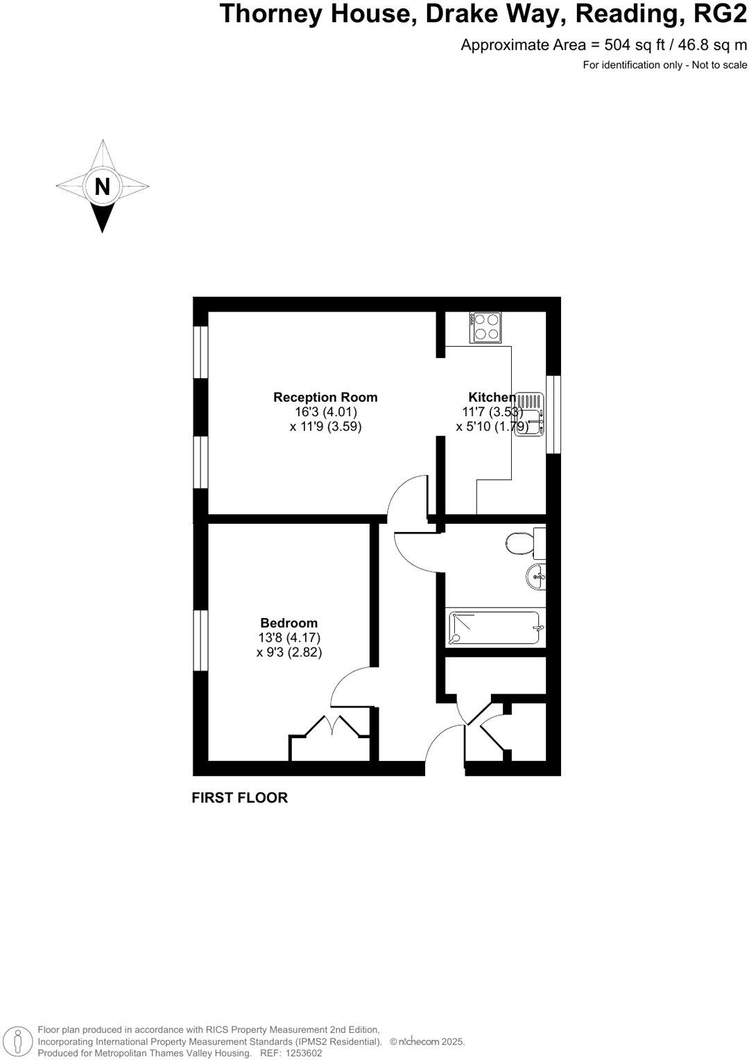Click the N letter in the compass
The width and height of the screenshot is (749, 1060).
point(102,187)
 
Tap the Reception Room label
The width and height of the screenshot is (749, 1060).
point(325,397)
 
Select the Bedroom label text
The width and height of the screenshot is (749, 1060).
point(289,623)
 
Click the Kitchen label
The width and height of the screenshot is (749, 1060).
point(492,397)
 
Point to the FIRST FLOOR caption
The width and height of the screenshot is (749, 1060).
point(239,798)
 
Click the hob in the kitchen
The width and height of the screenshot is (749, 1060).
point(485,327)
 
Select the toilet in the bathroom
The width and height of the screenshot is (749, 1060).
point(522,543)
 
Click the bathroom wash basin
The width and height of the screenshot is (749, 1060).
point(536,576)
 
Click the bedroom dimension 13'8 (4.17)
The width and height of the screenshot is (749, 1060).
point(289,638)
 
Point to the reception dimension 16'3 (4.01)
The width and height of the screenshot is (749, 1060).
point(326,412)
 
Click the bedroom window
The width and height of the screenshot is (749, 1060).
point(200,640)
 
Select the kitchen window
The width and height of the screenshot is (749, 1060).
point(553,415)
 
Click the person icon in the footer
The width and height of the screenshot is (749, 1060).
point(22,1041)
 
